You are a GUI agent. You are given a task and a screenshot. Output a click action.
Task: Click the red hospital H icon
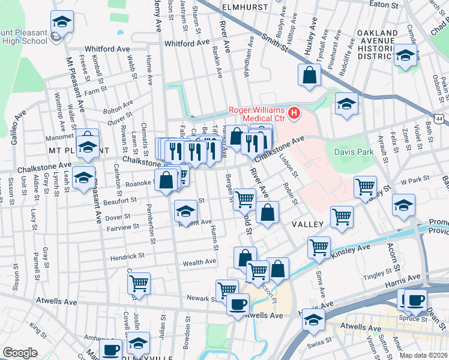294,112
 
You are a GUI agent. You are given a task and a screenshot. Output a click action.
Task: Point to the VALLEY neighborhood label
308,224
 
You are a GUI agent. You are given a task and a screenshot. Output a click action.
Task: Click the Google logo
20,353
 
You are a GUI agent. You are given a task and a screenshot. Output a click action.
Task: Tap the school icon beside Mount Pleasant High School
60,23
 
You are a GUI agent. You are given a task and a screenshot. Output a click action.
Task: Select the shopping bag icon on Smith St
309,76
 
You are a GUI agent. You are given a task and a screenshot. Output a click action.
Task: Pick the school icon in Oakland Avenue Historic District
406,56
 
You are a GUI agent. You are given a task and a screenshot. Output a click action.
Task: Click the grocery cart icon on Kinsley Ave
319,246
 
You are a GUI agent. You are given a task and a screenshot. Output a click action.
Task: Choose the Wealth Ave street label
199,262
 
